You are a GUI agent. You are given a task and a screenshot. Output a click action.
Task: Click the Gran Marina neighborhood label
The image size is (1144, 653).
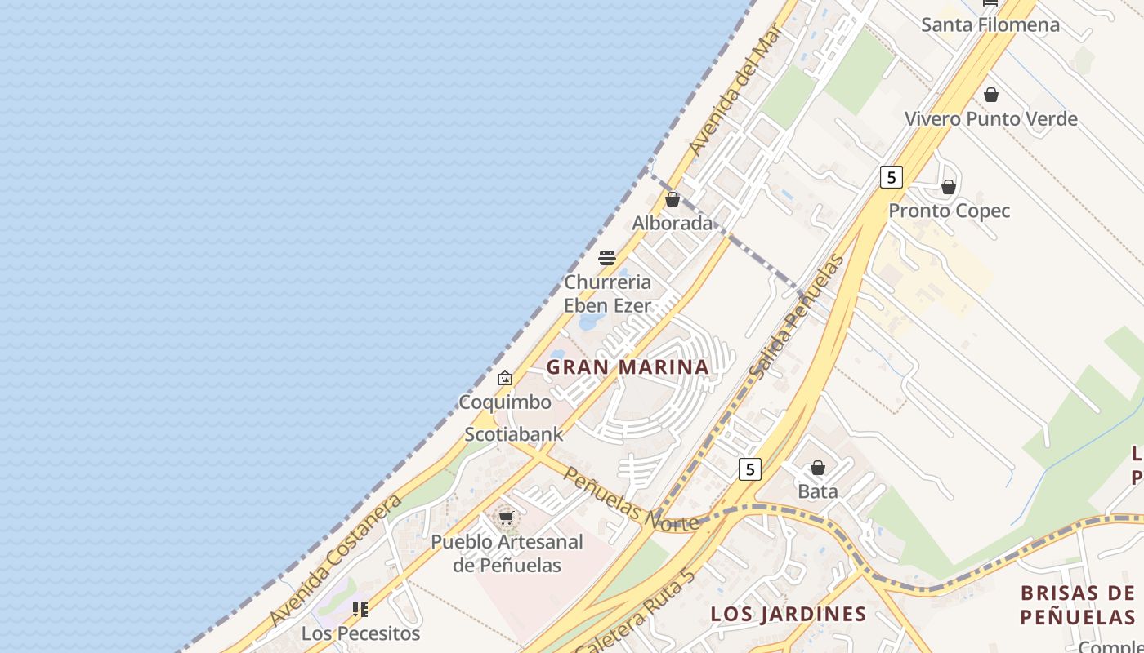pos(628,367)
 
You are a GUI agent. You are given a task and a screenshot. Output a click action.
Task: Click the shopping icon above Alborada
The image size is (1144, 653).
pos(673,199)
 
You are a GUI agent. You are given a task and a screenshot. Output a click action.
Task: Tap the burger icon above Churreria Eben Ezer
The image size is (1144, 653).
pos(607,258)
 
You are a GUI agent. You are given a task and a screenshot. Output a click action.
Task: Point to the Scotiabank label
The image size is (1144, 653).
pos(514,434)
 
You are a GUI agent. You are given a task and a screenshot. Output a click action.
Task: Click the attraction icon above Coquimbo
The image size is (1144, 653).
pos(505,378)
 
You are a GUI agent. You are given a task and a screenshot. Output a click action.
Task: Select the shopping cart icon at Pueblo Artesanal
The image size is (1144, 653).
pos(507,518)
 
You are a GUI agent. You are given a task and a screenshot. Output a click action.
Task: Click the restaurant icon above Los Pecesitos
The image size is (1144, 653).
pos(360,609)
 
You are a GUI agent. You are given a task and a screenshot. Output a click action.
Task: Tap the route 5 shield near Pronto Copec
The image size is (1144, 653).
pos(891,176)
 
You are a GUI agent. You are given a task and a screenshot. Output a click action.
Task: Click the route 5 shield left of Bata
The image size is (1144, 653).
pos(750,469)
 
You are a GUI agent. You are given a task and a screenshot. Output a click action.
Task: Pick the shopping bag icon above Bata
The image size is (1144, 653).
pos(818,468)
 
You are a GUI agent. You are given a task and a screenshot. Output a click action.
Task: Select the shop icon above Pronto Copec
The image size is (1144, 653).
pos(949,187)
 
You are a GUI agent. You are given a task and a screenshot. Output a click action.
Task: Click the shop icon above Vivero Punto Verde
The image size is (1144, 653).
pos(991,95)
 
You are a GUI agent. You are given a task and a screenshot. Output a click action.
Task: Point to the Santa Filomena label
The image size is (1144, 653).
pos(990,24)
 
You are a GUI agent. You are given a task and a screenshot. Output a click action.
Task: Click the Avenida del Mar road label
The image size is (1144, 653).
pos(735,91)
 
